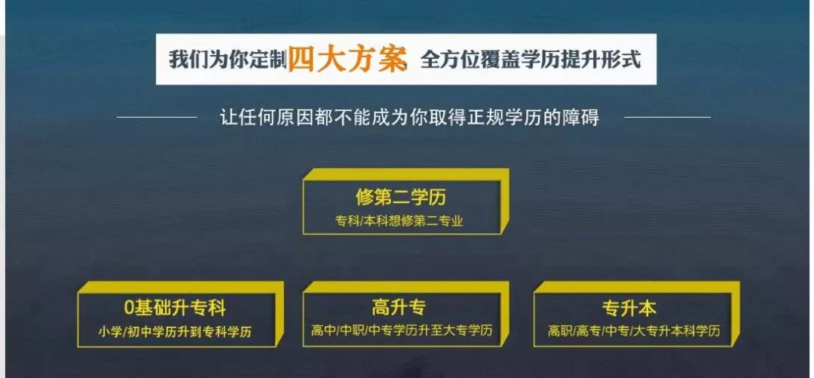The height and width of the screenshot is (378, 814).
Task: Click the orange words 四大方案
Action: click(346, 59)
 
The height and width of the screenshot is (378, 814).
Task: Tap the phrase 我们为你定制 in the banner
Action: click(228, 60)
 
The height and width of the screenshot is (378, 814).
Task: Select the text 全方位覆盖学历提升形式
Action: click(531, 60)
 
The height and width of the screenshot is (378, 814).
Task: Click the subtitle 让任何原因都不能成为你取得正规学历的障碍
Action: click(410, 117)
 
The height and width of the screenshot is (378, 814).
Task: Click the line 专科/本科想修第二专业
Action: click(399, 221)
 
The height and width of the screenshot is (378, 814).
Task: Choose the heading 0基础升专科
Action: click(176, 308)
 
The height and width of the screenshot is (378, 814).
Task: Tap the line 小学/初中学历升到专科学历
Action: click(175, 331)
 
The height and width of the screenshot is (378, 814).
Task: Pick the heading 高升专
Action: click(399, 307)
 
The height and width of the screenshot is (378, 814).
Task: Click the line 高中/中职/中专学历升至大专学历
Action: click(402, 330)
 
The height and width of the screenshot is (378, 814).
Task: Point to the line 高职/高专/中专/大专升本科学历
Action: click(635, 330)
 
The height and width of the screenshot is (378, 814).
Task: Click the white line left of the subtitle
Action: click(157, 117)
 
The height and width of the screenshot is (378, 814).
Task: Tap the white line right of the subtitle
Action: click(667, 117)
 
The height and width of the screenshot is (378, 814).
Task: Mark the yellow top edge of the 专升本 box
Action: click(637, 287)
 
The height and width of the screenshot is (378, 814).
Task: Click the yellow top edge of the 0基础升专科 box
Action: click(181, 287)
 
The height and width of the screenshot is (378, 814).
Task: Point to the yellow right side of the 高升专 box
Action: click(504, 314)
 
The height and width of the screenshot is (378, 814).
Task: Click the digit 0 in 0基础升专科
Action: click(130, 309)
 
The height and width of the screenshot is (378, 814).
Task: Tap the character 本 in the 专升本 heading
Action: click(647, 309)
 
